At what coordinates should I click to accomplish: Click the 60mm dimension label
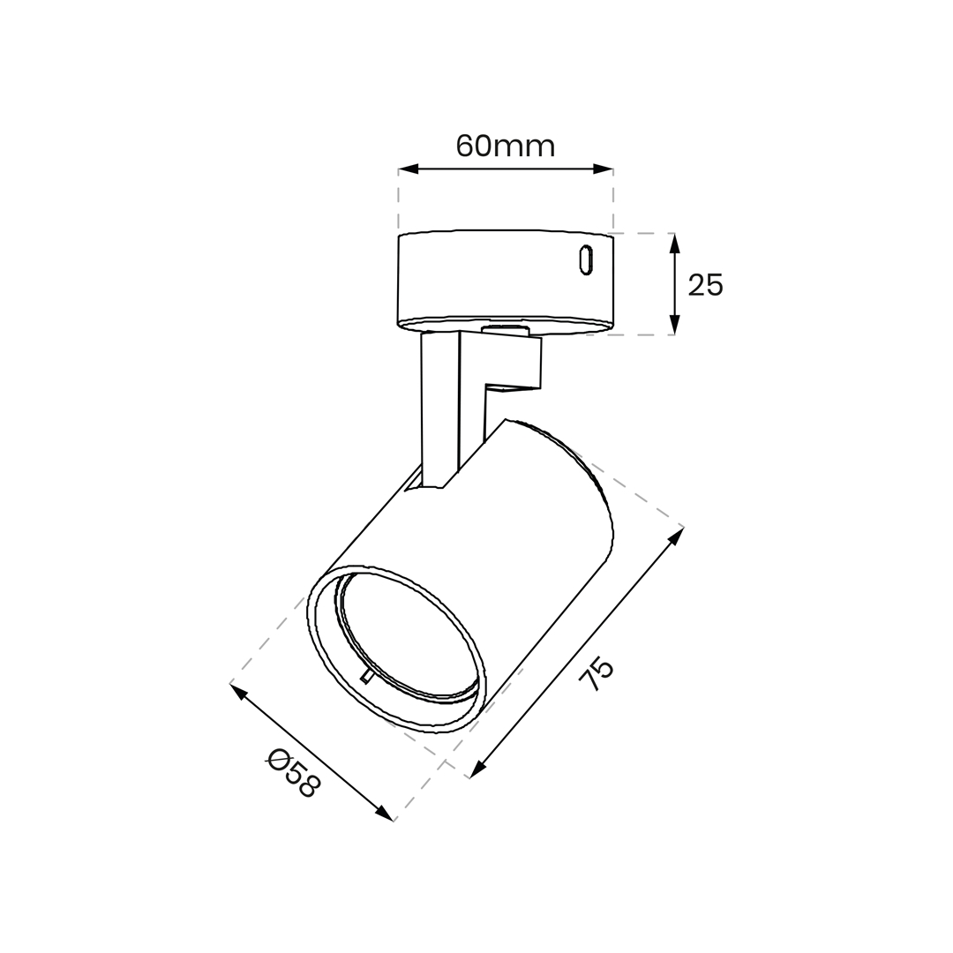[506, 146]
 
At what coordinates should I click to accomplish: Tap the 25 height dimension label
[706, 284]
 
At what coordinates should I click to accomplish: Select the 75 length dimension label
[597, 673]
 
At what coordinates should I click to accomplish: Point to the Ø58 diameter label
[293, 773]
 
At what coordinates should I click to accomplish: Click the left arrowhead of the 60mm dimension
[409, 169]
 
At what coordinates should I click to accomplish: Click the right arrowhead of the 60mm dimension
[603, 169]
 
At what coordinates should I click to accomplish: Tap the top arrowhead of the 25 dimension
[674, 244]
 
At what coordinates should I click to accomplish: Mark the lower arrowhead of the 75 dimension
[479, 769]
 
